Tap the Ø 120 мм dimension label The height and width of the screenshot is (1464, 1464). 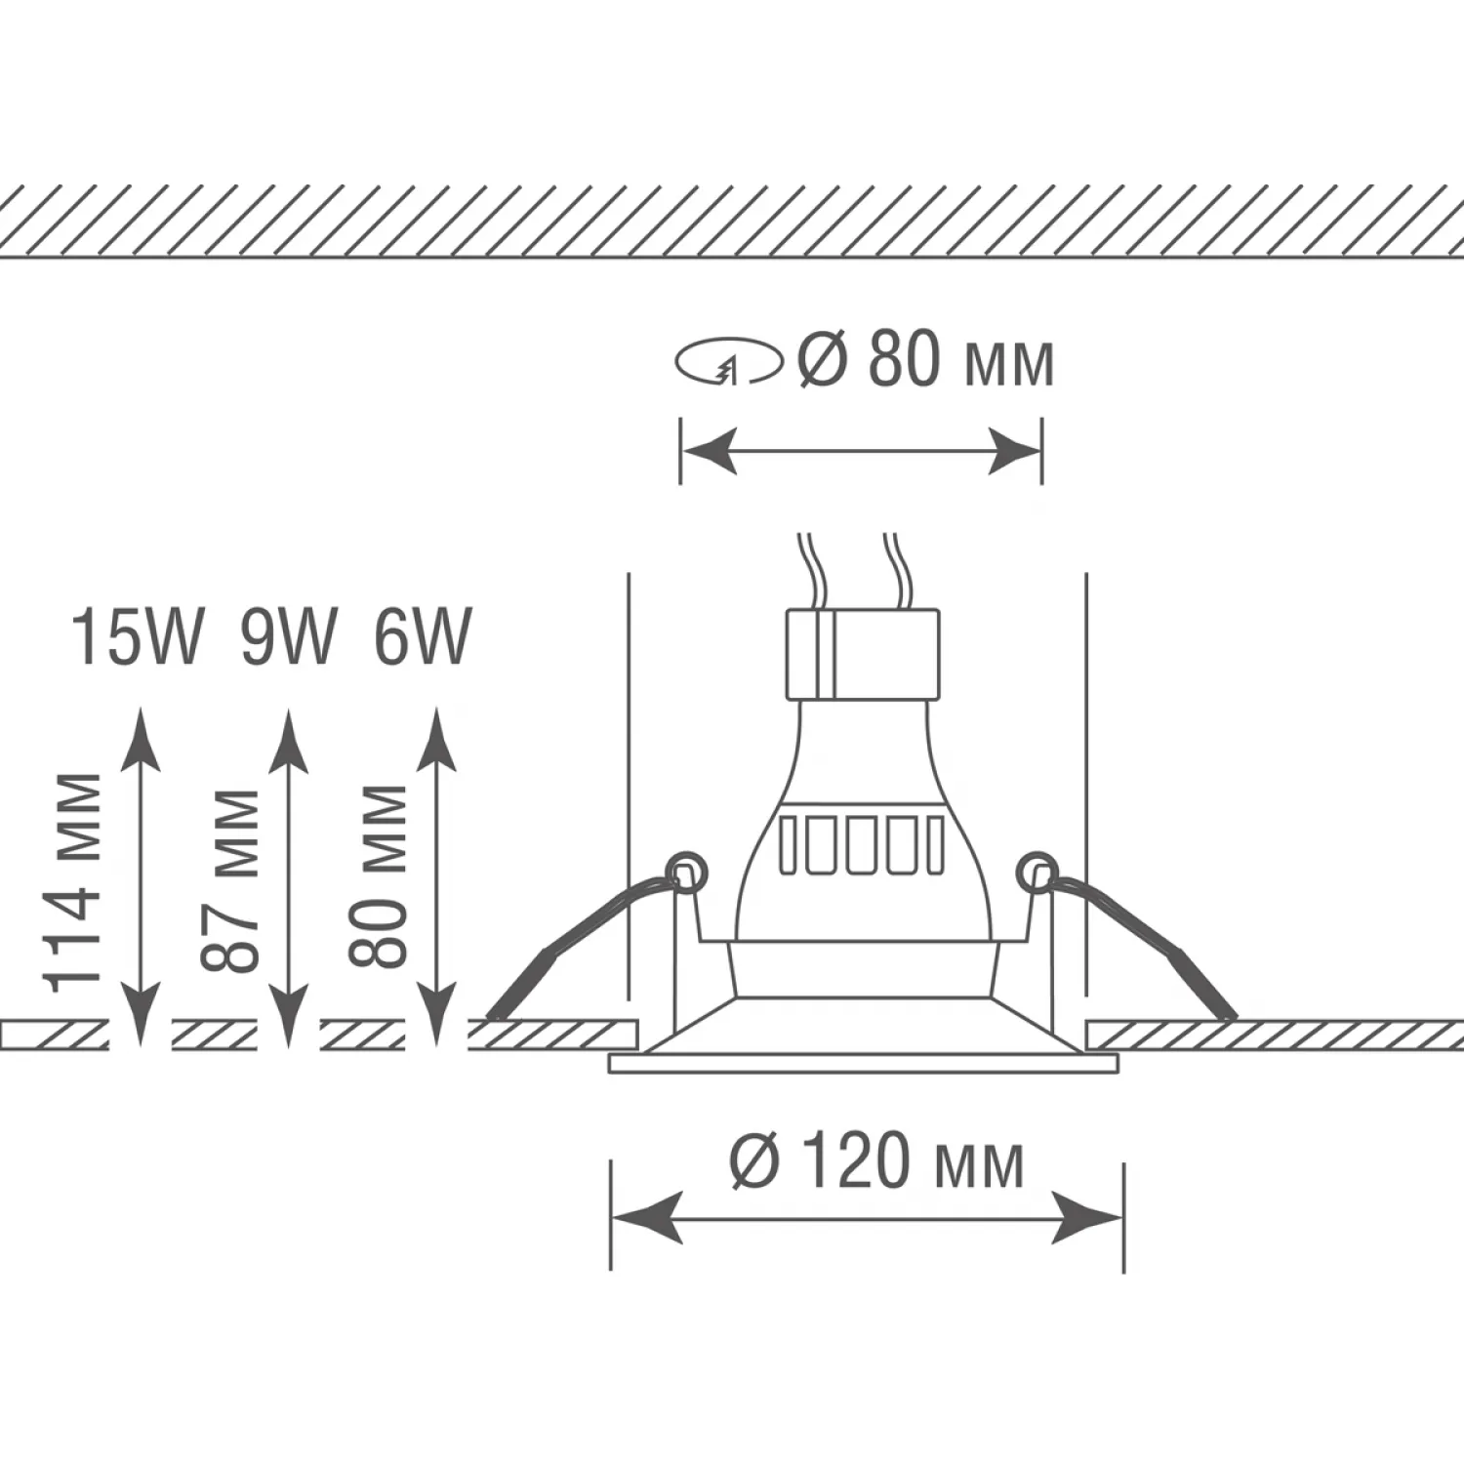pos(877,1161)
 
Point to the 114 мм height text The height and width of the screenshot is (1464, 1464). pos(74,881)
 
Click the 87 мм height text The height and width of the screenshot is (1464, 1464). pos(230,881)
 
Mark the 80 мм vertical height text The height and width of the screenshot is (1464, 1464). pos(378,875)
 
